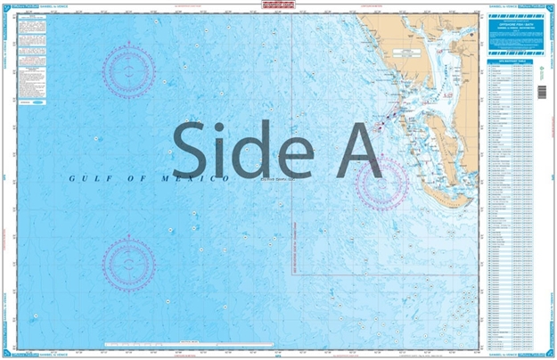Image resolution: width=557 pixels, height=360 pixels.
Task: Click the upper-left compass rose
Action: (x=128, y=70)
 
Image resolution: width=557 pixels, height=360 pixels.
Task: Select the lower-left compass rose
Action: (x=128, y=263)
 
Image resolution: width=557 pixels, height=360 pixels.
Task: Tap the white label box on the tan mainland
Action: (x=411, y=55)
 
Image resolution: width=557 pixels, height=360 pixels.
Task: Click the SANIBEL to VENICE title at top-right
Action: (x=504, y=5)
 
